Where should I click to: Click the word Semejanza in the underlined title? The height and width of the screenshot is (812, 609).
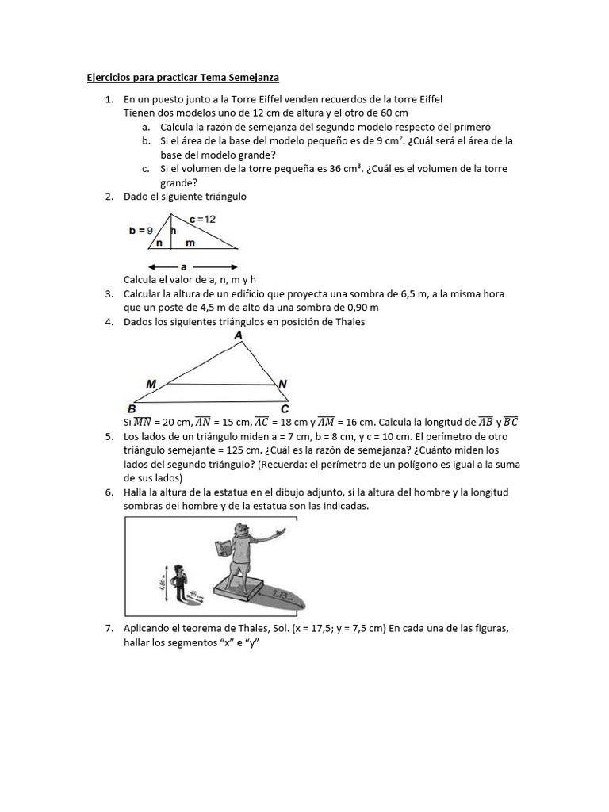click(253, 78)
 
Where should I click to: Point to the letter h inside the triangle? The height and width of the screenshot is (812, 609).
click(173, 230)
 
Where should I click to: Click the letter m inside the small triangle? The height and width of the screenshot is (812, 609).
click(190, 243)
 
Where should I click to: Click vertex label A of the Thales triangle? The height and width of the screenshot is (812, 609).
click(239, 335)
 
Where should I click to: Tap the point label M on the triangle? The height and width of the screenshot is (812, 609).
click(151, 384)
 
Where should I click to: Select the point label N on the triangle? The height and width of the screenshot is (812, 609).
click(283, 384)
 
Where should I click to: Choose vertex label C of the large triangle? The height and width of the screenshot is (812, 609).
click(285, 408)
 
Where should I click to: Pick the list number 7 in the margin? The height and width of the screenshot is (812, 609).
click(108, 628)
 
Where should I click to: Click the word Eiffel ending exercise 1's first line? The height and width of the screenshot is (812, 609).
click(427, 99)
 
